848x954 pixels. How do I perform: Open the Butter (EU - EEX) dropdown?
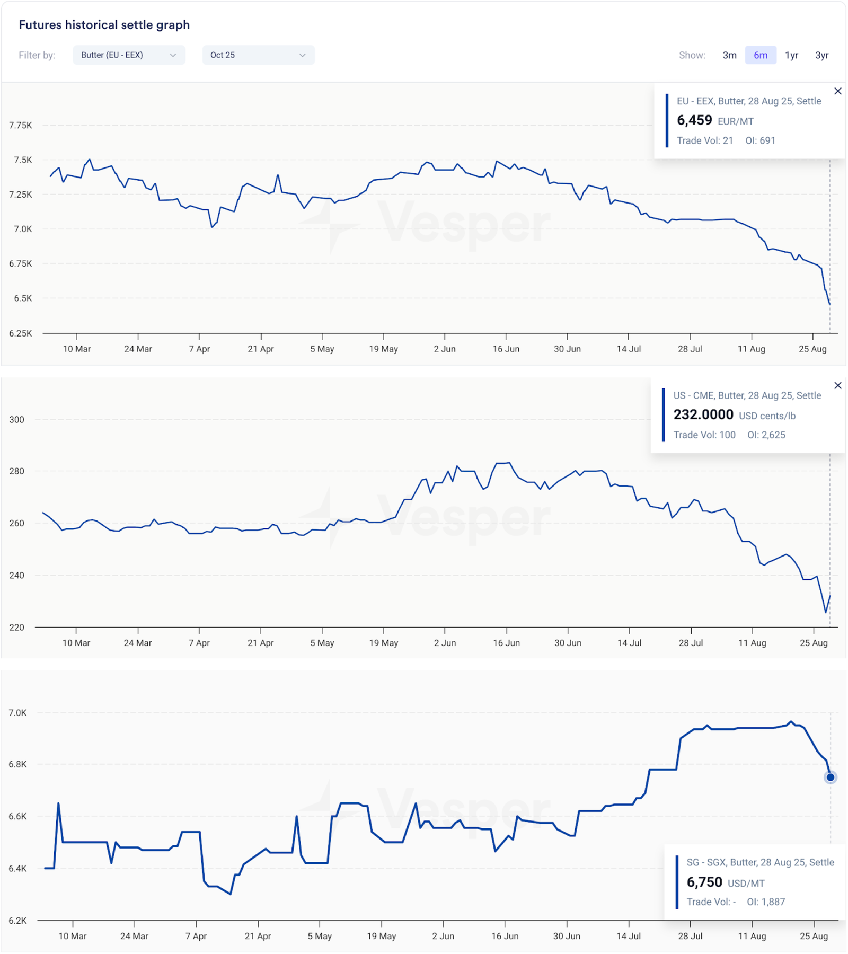(x=129, y=55)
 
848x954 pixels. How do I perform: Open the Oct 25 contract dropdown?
(x=258, y=55)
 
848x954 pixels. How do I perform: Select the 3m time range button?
(x=729, y=55)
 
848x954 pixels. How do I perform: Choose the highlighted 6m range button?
(x=761, y=55)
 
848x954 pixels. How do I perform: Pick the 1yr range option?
(x=791, y=55)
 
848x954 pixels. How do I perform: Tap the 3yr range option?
(x=821, y=55)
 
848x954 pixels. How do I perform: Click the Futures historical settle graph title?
(x=104, y=25)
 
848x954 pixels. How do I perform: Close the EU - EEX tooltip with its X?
(x=837, y=91)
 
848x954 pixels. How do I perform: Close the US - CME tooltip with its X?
(x=837, y=385)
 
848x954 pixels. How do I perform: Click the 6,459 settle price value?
(x=694, y=120)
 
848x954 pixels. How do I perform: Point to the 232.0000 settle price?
(x=703, y=414)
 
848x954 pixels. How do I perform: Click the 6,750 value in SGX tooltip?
(x=704, y=882)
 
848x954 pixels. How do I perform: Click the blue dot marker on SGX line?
(x=830, y=778)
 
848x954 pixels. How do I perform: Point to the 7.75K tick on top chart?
(x=21, y=125)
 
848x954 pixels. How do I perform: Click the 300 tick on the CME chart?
(x=17, y=420)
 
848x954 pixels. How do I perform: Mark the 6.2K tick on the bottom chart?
(x=17, y=921)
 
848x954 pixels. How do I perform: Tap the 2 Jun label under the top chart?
(x=445, y=349)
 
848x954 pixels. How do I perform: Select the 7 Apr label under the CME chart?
(x=199, y=643)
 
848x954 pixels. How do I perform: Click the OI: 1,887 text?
(x=766, y=902)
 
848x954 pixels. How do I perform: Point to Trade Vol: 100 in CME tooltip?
(x=704, y=435)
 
